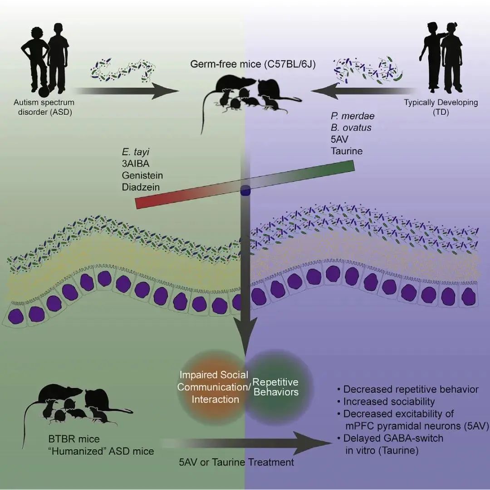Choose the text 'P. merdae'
(353, 116)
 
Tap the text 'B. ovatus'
(351, 127)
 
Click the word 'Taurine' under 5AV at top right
(347, 151)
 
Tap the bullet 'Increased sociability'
(389, 402)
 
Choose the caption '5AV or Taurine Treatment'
(236, 462)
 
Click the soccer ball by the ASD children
(42, 91)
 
